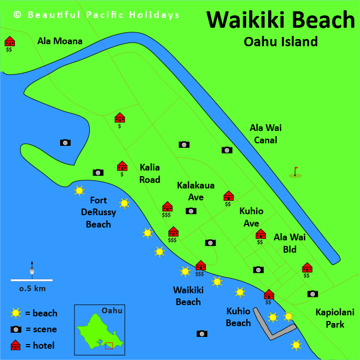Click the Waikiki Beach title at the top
pyautogui.click(x=280, y=20)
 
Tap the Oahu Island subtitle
pyautogui.click(x=280, y=42)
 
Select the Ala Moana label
pyautogui.click(x=60, y=41)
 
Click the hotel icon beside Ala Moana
pyautogui.click(x=9, y=41)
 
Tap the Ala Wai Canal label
pyautogui.click(x=266, y=134)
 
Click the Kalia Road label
pyautogui.click(x=150, y=174)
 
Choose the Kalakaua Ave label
pyautogui.click(x=196, y=191)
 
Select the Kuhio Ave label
pyautogui.click(x=251, y=217)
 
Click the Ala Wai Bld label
pyautogui.click(x=290, y=243)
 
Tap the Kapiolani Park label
pyautogui.click(x=330, y=318)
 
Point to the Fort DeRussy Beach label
pyautogui.click(x=98, y=212)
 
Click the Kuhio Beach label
pyautogui.click(x=238, y=317)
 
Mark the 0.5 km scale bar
pyautogui.click(x=32, y=280)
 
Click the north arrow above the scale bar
pyautogui.click(x=32, y=268)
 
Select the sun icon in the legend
pyautogui.click(x=16, y=313)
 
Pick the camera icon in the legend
pyautogui.click(x=16, y=329)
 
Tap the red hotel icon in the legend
pyautogui.click(x=16, y=345)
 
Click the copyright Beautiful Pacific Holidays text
pyautogui.click(x=97, y=15)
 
